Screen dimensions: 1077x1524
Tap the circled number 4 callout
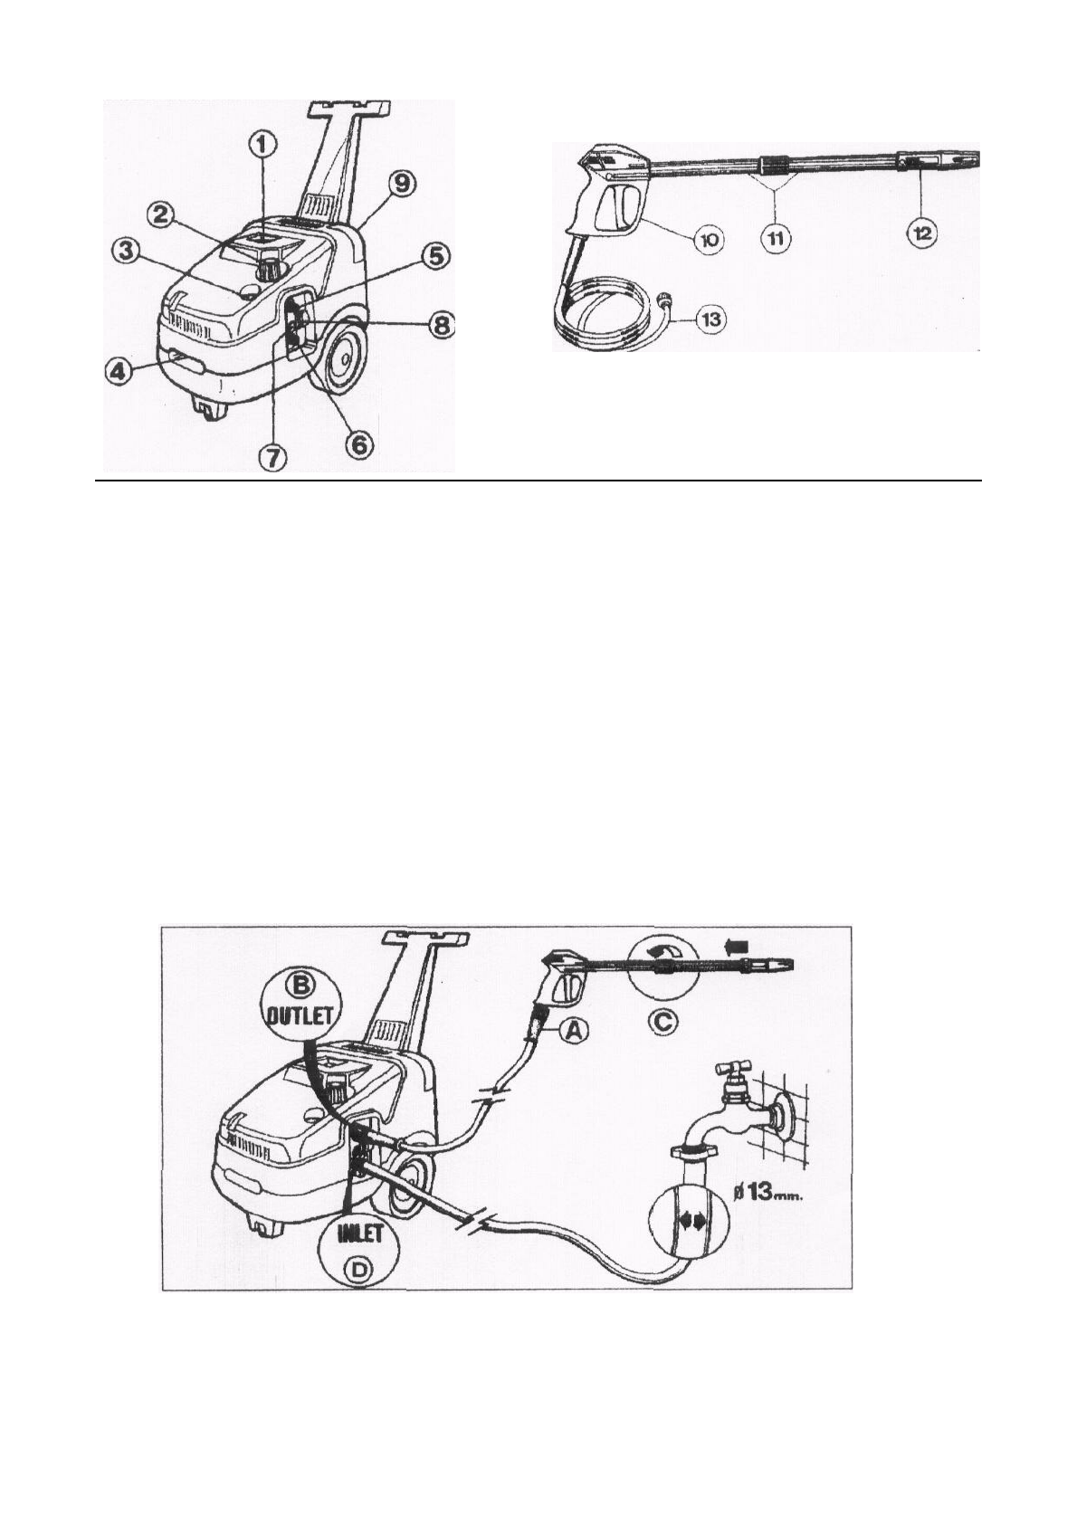click(x=117, y=370)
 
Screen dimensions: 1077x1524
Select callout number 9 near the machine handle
click(x=402, y=185)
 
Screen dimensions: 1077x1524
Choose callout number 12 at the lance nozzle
click(x=922, y=233)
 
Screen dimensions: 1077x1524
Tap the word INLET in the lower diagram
click(x=361, y=1233)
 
